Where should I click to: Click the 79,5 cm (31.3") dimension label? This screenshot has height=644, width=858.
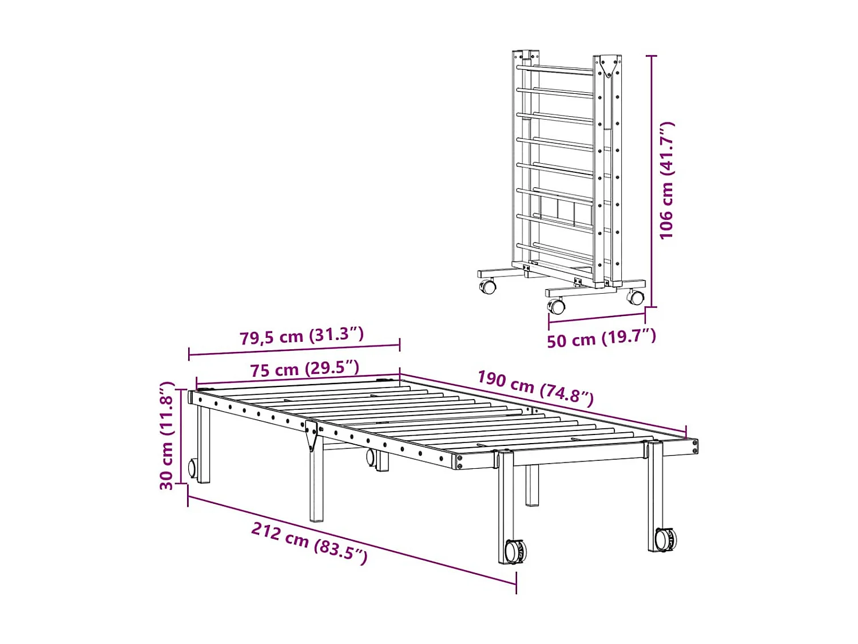click(301, 335)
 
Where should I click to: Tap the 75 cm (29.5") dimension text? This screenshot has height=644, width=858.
click(304, 369)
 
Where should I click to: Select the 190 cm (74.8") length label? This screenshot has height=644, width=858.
click(535, 388)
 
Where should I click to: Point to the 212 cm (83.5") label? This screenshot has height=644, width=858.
click(309, 543)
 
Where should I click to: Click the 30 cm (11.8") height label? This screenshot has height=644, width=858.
click(166, 436)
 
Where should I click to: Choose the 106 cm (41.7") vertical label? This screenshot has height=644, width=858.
click(667, 180)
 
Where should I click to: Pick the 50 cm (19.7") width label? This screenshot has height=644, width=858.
click(601, 338)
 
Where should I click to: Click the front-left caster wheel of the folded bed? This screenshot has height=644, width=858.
click(557, 306)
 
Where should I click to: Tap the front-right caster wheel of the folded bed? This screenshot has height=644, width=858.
click(635, 297)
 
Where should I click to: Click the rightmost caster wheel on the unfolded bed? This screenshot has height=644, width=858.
click(665, 539)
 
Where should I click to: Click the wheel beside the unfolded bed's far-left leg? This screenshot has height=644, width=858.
click(193, 468)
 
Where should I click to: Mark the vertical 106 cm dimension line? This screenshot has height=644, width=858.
click(653, 180)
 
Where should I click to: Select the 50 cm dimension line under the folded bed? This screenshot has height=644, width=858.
click(597, 318)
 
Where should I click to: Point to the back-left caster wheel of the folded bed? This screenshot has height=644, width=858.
click(487, 286)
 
